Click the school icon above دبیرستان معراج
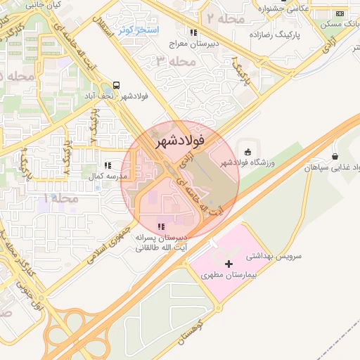tap(193, 32)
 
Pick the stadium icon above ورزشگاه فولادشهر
tap(247, 151)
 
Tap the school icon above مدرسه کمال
tap(108, 165)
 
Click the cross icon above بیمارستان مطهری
tap(229, 263)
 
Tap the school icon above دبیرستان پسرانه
tap(161, 226)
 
